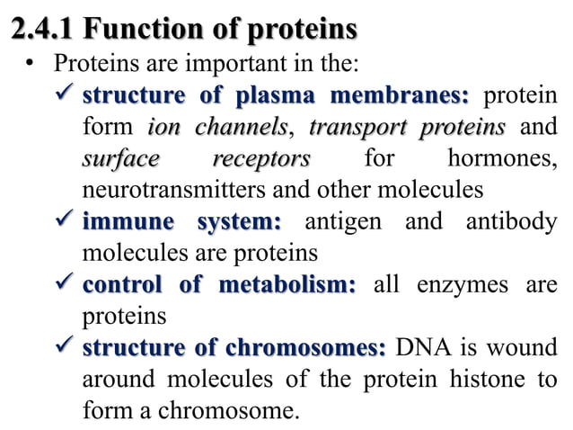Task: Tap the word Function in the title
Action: click(x=139, y=31)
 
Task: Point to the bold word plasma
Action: click(x=274, y=96)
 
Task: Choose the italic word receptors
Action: click(x=260, y=159)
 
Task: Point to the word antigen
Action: click(x=347, y=222)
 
